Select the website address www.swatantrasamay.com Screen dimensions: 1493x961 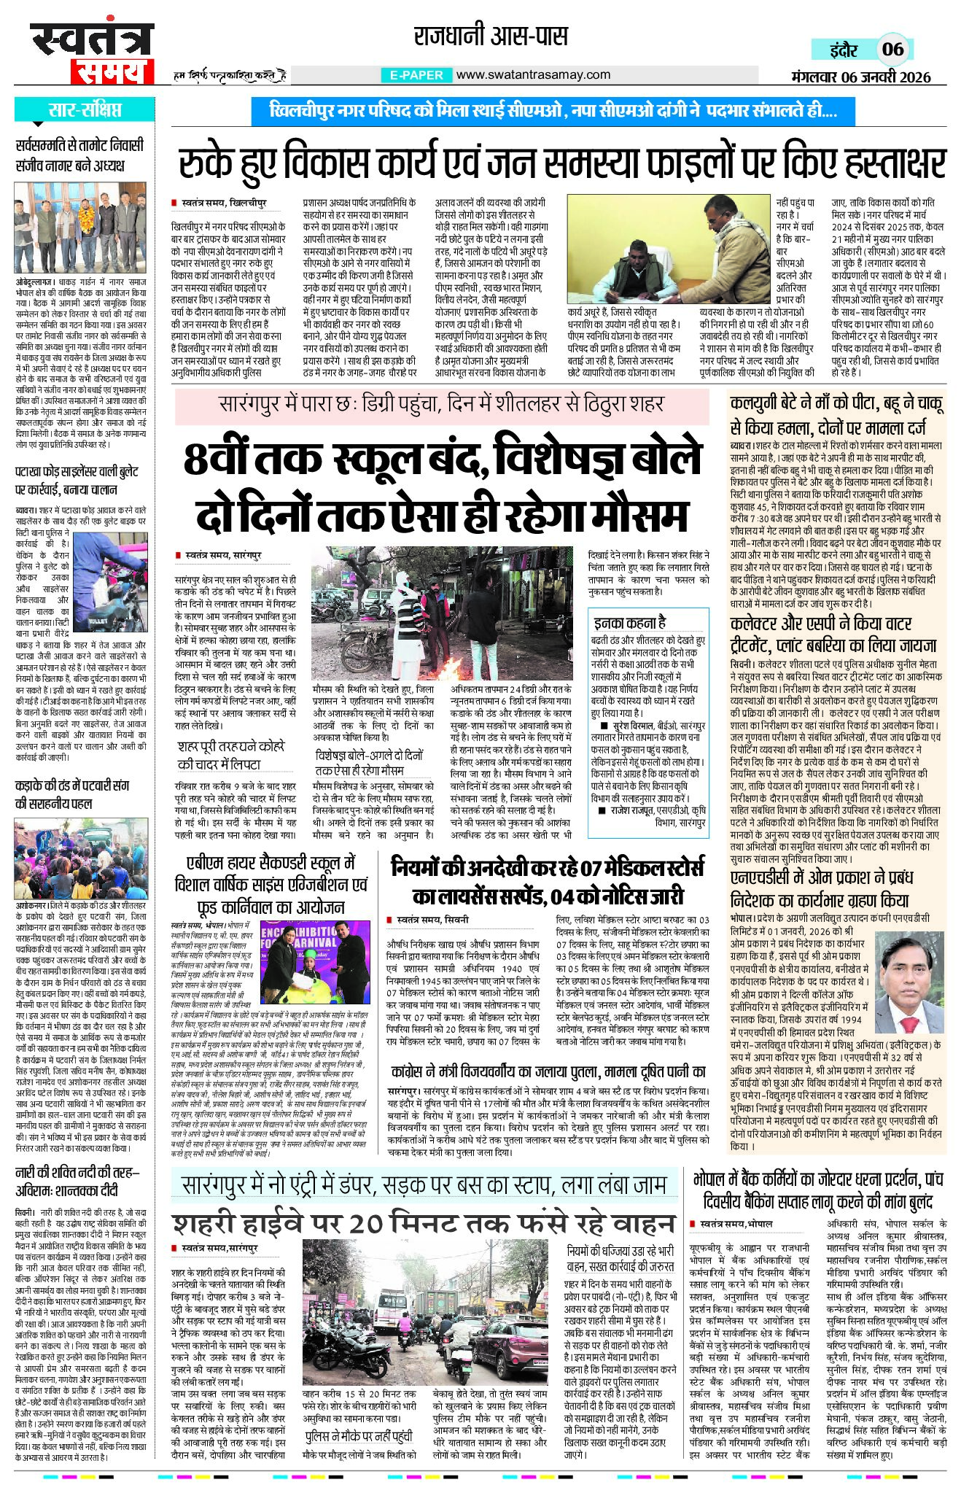tap(533, 74)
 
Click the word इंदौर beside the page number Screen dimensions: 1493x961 tap(844, 50)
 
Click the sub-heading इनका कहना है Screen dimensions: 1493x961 tap(629, 622)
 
